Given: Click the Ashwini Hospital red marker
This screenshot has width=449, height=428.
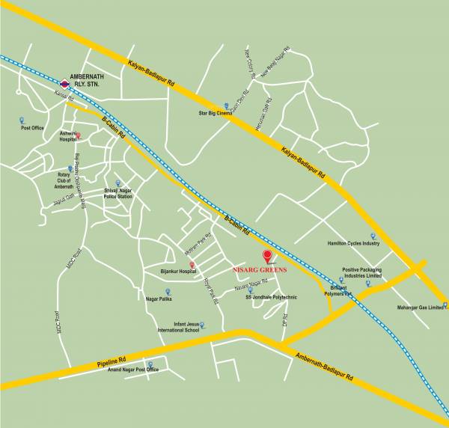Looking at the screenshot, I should coord(79,136).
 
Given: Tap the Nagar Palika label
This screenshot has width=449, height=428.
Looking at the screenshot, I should coord(159,299).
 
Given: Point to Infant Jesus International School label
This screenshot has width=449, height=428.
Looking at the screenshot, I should coord(178,326).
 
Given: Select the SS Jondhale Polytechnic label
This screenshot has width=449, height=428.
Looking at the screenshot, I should coord(271,297).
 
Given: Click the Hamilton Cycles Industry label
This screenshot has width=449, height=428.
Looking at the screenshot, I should coord(353,243).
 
